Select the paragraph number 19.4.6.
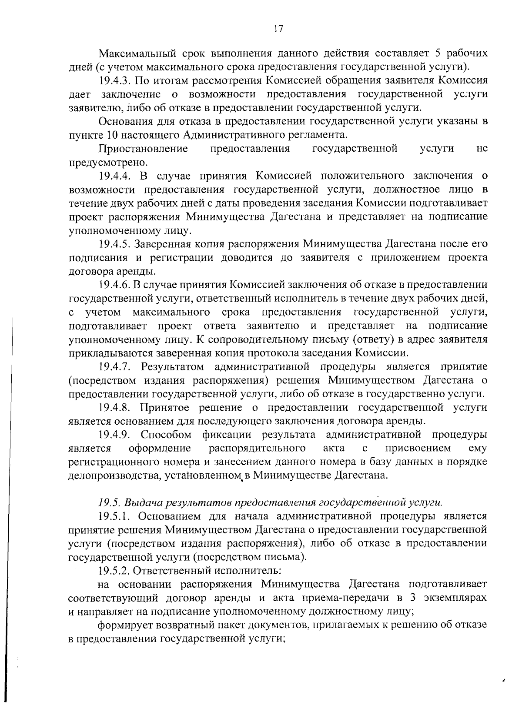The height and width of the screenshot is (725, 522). click(114, 285)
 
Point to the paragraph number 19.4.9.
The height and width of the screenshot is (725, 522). click(114, 435)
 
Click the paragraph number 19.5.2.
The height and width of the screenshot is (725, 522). click(114, 570)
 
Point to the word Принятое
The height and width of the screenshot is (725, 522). click(166, 408)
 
